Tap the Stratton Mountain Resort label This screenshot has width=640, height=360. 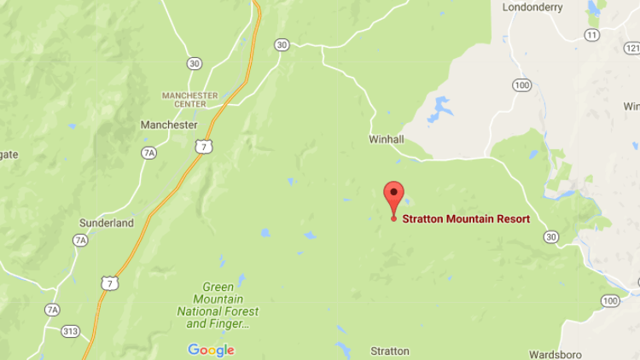[x=466, y=219]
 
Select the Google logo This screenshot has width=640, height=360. [x=211, y=350]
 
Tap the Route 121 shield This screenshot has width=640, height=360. [x=633, y=47]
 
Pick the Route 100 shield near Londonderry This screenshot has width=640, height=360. [x=522, y=85]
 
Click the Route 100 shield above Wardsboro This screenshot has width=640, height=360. [x=609, y=300]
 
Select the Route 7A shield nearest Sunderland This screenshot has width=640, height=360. [x=80, y=240]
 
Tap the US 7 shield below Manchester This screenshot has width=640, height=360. [x=202, y=147]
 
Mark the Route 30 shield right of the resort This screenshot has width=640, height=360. [x=551, y=236]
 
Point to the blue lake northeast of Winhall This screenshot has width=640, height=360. [x=440, y=108]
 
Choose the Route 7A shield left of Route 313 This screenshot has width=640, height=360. [x=53, y=309]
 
